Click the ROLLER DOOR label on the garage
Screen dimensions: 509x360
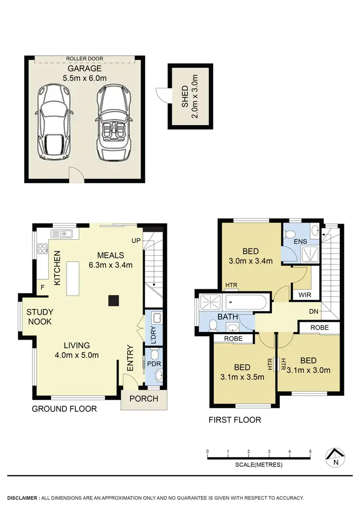[x=85, y=59]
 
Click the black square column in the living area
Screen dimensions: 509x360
[x=113, y=300]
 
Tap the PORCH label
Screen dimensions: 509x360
[x=144, y=399]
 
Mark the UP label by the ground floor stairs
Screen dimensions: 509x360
[x=136, y=240]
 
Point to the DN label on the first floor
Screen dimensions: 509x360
[x=314, y=312]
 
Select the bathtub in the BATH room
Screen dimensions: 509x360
[x=245, y=303]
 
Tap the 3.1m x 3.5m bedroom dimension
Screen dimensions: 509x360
[x=242, y=377]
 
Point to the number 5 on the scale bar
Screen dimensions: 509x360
[x=311, y=451]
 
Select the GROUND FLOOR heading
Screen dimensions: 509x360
[x=64, y=409]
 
